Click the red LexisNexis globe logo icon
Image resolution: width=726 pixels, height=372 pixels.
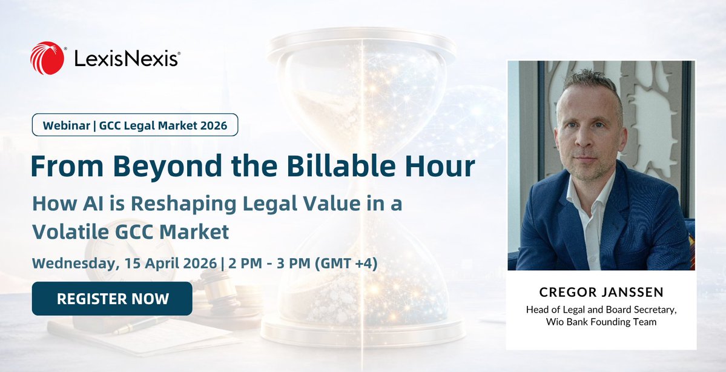(47, 58)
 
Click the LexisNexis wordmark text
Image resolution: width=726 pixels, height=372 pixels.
(127, 59)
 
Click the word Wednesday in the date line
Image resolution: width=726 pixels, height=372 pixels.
(73, 264)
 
